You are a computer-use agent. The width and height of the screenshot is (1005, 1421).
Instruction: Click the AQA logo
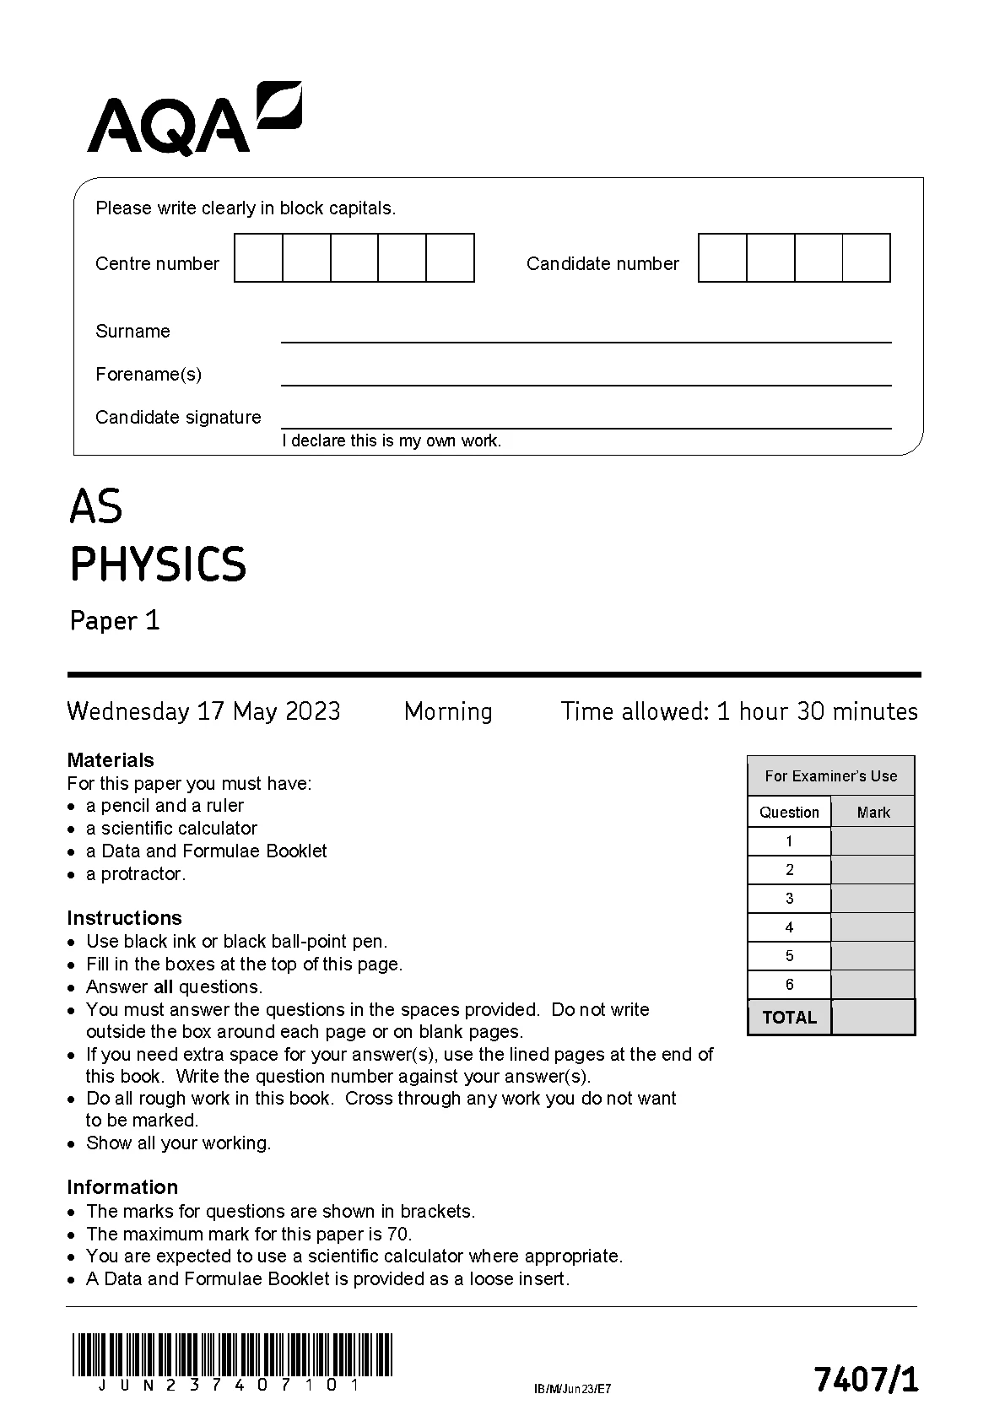tap(194, 119)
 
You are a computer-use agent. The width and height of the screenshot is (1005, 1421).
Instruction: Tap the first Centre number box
tap(258, 258)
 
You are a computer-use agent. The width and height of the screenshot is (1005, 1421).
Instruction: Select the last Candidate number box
tap(867, 258)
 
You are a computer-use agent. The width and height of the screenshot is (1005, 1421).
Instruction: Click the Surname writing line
tap(586, 335)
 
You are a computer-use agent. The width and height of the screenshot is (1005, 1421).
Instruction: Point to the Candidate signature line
tap(586, 421)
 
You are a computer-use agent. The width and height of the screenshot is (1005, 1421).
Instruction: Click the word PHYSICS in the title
tap(158, 565)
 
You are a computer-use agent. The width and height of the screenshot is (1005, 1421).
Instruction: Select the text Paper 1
tap(115, 621)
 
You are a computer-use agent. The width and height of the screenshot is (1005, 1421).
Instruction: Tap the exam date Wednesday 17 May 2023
tap(203, 711)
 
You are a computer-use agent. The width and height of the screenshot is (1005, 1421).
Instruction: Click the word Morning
tap(448, 711)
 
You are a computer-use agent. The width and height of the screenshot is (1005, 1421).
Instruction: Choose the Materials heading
tap(111, 760)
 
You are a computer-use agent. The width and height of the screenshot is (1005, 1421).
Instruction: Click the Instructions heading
tap(124, 918)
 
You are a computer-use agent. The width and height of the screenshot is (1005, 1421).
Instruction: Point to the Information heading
tap(122, 1187)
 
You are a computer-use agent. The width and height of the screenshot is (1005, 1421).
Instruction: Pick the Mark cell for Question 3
tap(873, 899)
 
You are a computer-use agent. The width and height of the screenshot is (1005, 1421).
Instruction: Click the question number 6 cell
tap(789, 985)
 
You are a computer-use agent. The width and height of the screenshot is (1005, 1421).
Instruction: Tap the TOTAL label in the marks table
tap(789, 1018)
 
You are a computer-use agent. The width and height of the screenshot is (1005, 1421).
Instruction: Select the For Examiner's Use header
tap(830, 776)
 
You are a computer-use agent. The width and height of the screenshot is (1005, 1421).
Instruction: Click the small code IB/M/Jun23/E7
tap(572, 1389)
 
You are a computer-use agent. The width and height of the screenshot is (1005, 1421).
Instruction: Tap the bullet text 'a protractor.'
tap(135, 874)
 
